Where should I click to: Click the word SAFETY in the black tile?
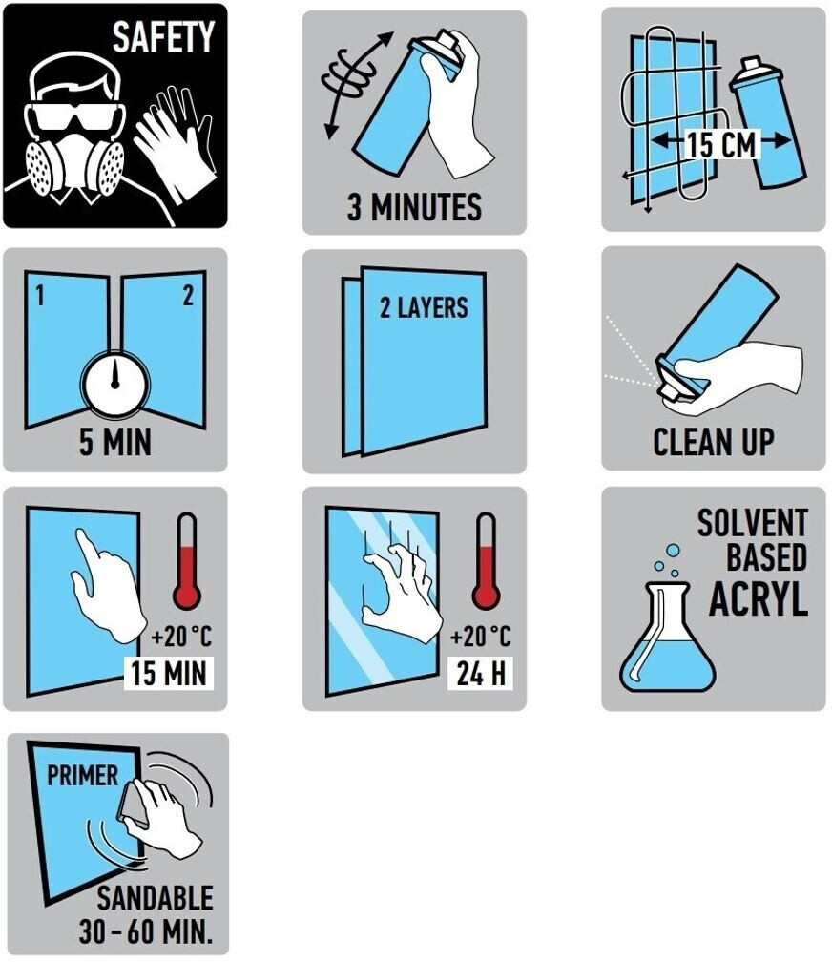pyautogui.click(x=163, y=36)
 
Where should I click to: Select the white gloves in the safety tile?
pyautogui.click(x=176, y=143)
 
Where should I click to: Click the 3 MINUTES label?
pyautogui.click(x=414, y=207)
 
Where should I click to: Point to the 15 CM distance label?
pyautogui.click(x=721, y=145)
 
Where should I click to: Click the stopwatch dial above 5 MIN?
pyautogui.click(x=115, y=384)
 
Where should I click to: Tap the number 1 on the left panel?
pyautogui.click(x=40, y=296)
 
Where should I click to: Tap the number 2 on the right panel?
pyautogui.click(x=188, y=296)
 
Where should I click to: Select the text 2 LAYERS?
pyautogui.click(x=424, y=307)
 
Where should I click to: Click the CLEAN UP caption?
pyautogui.click(x=713, y=442)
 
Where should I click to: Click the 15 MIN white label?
pyautogui.click(x=169, y=673)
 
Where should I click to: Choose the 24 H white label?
pyautogui.click(x=481, y=673)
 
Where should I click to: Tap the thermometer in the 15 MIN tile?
pyautogui.click(x=187, y=561)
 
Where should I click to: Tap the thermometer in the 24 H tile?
pyautogui.click(x=486, y=561)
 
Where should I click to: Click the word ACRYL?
pyautogui.click(x=759, y=597)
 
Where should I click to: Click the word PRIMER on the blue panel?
pyautogui.click(x=83, y=776)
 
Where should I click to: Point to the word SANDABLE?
pyautogui.click(x=155, y=898)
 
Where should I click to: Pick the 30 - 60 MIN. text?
pyautogui.click(x=146, y=931)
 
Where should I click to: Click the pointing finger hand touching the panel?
pyautogui.click(x=108, y=586)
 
